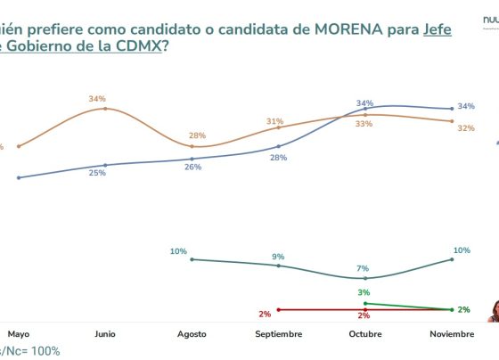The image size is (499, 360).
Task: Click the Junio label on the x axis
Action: click(x=105, y=334)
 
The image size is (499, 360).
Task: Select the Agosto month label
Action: click(x=192, y=334)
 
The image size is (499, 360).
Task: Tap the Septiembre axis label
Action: click(x=278, y=334)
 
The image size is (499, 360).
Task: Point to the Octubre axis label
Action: click(x=364, y=334)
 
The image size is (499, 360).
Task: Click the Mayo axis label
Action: click(x=19, y=334)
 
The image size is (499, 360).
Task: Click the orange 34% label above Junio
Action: click(x=97, y=99)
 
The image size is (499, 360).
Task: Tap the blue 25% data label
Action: click(x=97, y=173)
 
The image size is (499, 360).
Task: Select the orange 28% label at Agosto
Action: click(x=196, y=135)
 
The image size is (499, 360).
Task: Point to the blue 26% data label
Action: click(x=192, y=167)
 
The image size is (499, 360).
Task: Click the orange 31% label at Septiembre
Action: click(x=274, y=121)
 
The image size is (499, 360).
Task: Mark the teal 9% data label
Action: click(x=278, y=257)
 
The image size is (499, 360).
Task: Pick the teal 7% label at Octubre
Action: click(x=364, y=268)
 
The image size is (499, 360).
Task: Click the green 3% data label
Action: click(x=364, y=292)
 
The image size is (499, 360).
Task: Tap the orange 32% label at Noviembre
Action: click(x=465, y=128)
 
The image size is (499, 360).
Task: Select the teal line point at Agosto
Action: click(x=192, y=259)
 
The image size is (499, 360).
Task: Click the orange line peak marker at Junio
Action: click(x=105, y=109)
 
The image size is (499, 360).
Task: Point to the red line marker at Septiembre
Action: click(x=279, y=309)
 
